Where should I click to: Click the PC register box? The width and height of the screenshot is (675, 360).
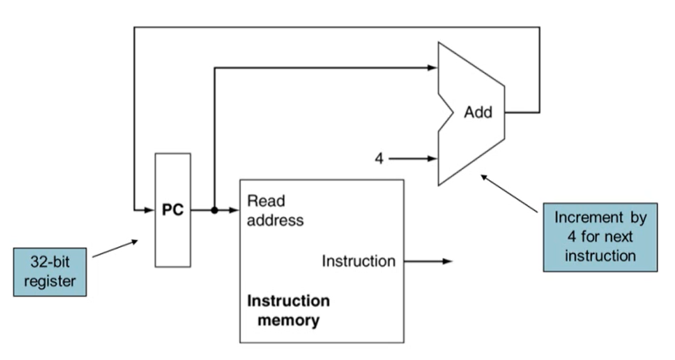172,210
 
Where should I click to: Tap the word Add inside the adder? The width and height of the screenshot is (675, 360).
478,113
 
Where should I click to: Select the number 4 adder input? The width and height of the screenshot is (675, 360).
379,159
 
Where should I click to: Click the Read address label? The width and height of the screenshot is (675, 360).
275,210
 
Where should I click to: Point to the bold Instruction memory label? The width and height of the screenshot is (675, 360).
288,310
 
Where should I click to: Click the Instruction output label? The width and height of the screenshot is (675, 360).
359,261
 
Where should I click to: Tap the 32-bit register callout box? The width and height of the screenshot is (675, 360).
50,272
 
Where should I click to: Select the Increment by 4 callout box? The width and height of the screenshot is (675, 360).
600,237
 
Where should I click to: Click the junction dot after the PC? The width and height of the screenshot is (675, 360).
215,210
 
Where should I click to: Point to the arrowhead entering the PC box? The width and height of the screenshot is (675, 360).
150,210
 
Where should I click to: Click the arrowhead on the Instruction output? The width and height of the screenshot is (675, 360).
448,261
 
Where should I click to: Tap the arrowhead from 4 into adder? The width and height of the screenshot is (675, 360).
433,159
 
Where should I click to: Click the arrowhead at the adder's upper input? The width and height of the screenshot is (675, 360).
433,67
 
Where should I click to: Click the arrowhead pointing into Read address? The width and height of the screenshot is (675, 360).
235,210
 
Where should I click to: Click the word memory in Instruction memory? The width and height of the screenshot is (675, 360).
288,320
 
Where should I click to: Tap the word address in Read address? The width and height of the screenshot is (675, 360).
275,220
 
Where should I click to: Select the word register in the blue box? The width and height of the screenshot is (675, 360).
50,281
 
